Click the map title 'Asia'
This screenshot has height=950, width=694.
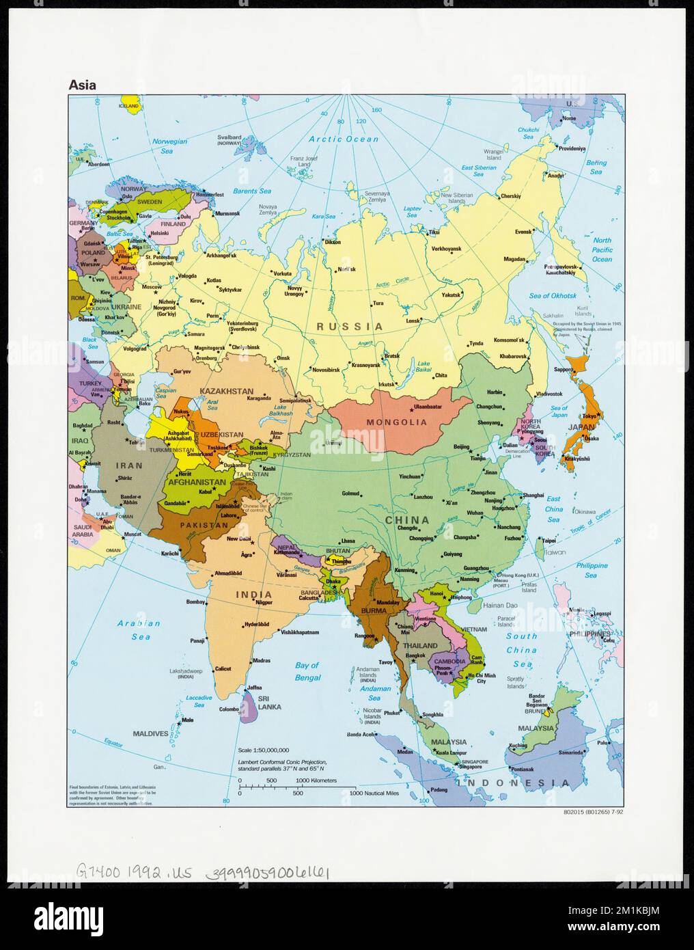click(82, 85)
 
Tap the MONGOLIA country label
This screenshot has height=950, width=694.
click(396, 422)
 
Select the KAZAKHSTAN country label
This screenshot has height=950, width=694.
click(226, 391)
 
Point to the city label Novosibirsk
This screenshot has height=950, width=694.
click(326, 370)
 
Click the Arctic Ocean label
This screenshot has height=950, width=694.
click(344, 139)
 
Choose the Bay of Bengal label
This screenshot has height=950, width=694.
click(307, 671)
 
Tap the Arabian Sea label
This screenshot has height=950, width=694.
click(139, 629)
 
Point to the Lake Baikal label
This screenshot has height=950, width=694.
click(424, 366)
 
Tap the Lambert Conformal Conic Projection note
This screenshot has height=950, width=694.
click(283, 765)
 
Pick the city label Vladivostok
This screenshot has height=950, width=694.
click(549, 394)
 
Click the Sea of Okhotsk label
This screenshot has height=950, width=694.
click(553, 296)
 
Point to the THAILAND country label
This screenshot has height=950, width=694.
click(420, 645)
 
